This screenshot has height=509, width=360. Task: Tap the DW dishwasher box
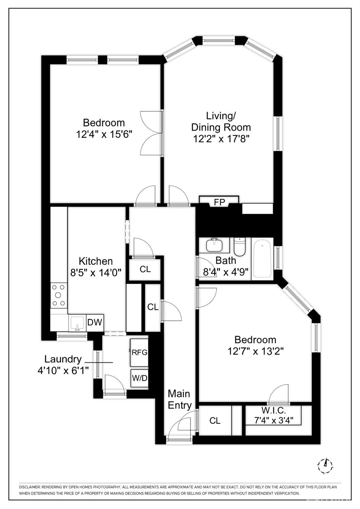click(x=95, y=322)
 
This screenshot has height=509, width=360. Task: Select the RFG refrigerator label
click(x=139, y=352)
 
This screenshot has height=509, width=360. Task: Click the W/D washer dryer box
click(x=139, y=378)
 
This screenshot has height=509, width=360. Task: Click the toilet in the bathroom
click(x=240, y=246)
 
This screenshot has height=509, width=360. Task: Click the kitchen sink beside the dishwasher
click(x=77, y=323)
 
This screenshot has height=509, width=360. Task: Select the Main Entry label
click(x=179, y=399)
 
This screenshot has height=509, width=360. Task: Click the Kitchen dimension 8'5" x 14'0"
click(x=95, y=273)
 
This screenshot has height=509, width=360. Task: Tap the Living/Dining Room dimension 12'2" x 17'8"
click(x=221, y=139)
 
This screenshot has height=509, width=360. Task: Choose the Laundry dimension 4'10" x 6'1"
click(x=63, y=370)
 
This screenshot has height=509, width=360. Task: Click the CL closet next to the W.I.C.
click(x=215, y=421)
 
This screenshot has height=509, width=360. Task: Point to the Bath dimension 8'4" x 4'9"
click(x=226, y=272)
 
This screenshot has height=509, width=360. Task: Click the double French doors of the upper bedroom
click(x=152, y=133)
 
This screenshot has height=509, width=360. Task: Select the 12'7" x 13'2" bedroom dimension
click(x=255, y=351)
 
